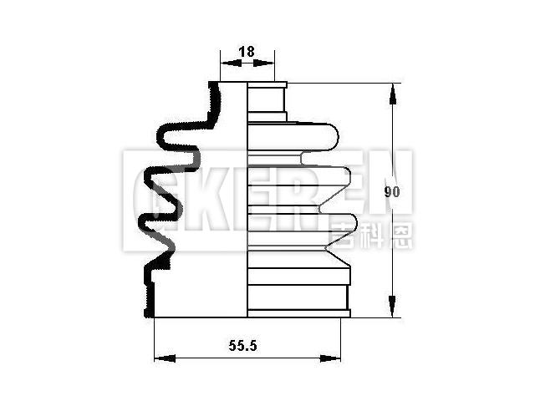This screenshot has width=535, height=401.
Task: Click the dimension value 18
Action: click(247, 52)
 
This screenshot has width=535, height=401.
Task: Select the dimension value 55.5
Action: click(247, 343)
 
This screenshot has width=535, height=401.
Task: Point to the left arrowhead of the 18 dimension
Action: click(224, 64)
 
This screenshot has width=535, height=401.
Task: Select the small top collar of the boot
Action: click(267, 100)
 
